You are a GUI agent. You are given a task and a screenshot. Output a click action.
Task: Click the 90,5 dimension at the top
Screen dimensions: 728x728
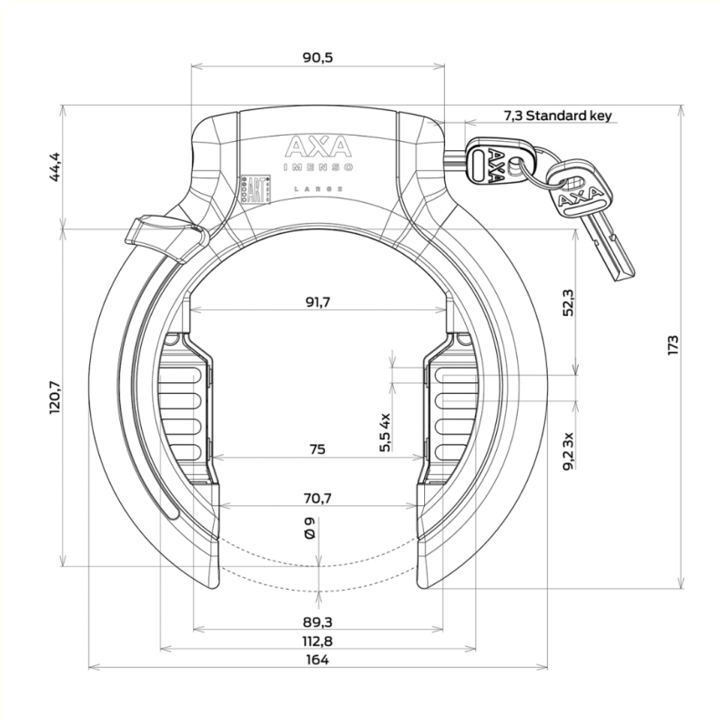[318, 58]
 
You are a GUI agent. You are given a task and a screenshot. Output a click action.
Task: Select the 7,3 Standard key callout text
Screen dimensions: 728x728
[558, 116]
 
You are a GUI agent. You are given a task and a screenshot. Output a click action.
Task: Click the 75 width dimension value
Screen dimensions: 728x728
[318, 450]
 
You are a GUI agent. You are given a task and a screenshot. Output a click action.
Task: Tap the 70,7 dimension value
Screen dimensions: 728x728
[318, 498]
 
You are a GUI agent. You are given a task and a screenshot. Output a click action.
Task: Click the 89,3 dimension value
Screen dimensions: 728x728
[318, 622]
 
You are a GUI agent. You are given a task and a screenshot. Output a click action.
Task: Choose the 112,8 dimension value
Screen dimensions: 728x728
[318, 642]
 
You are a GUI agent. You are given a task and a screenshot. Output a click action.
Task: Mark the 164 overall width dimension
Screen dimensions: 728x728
[318, 661]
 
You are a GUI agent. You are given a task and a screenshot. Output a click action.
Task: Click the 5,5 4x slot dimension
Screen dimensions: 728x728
[386, 431]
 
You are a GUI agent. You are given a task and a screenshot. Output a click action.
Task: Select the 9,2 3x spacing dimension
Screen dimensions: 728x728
[568, 450]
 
